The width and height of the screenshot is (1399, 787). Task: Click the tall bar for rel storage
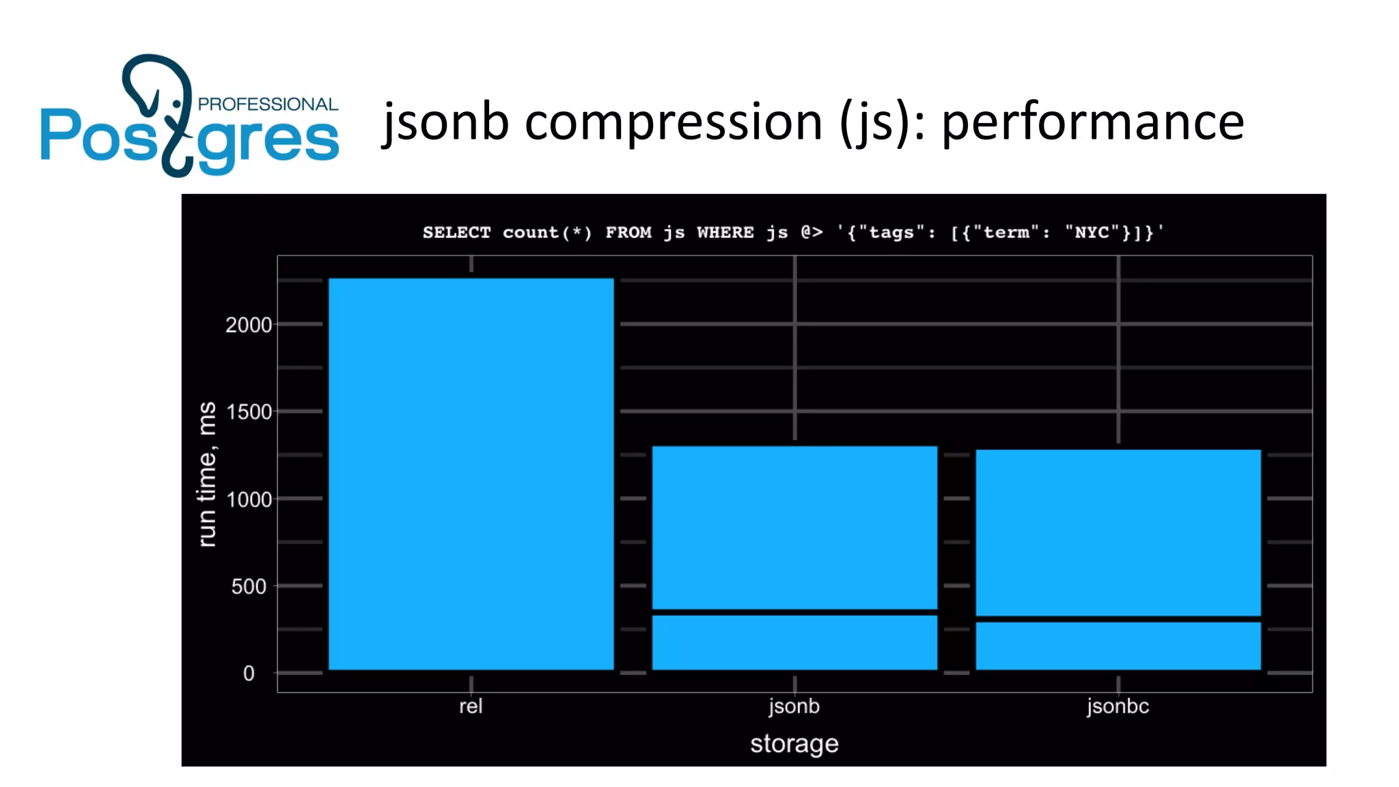tap(471, 473)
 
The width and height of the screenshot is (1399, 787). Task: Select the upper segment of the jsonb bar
tap(794, 527)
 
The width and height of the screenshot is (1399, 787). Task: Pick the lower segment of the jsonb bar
tap(794, 642)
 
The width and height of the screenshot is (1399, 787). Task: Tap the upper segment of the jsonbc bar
tap(1118, 532)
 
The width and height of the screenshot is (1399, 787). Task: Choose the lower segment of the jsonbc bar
tap(1118, 646)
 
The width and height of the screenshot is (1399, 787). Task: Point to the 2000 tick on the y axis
tap(249, 325)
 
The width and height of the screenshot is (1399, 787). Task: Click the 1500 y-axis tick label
tap(249, 412)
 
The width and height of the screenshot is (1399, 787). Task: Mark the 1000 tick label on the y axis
tap(249, 499)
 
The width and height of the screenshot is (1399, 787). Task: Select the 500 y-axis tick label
tap(249, 586)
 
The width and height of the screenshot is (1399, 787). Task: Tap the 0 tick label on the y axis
tap(249, 674)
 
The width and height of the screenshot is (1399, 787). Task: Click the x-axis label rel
tap(471, 706)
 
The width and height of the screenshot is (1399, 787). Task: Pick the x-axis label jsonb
tap(794, 706)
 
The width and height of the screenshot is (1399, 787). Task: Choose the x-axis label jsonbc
tap(1118, 706)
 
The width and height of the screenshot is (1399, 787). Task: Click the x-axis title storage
tap(794, 743)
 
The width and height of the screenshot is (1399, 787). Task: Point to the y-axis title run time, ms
tap(206, 474)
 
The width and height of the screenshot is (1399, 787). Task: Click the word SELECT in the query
tap(456, 232)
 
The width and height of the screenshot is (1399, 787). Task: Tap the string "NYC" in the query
tap(1092, 232)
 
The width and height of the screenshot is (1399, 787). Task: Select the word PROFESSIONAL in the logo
tap(268, 104)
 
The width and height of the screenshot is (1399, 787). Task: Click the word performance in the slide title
tap(1093, 122)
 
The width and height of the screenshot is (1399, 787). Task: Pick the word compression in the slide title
tap(674, 122)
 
